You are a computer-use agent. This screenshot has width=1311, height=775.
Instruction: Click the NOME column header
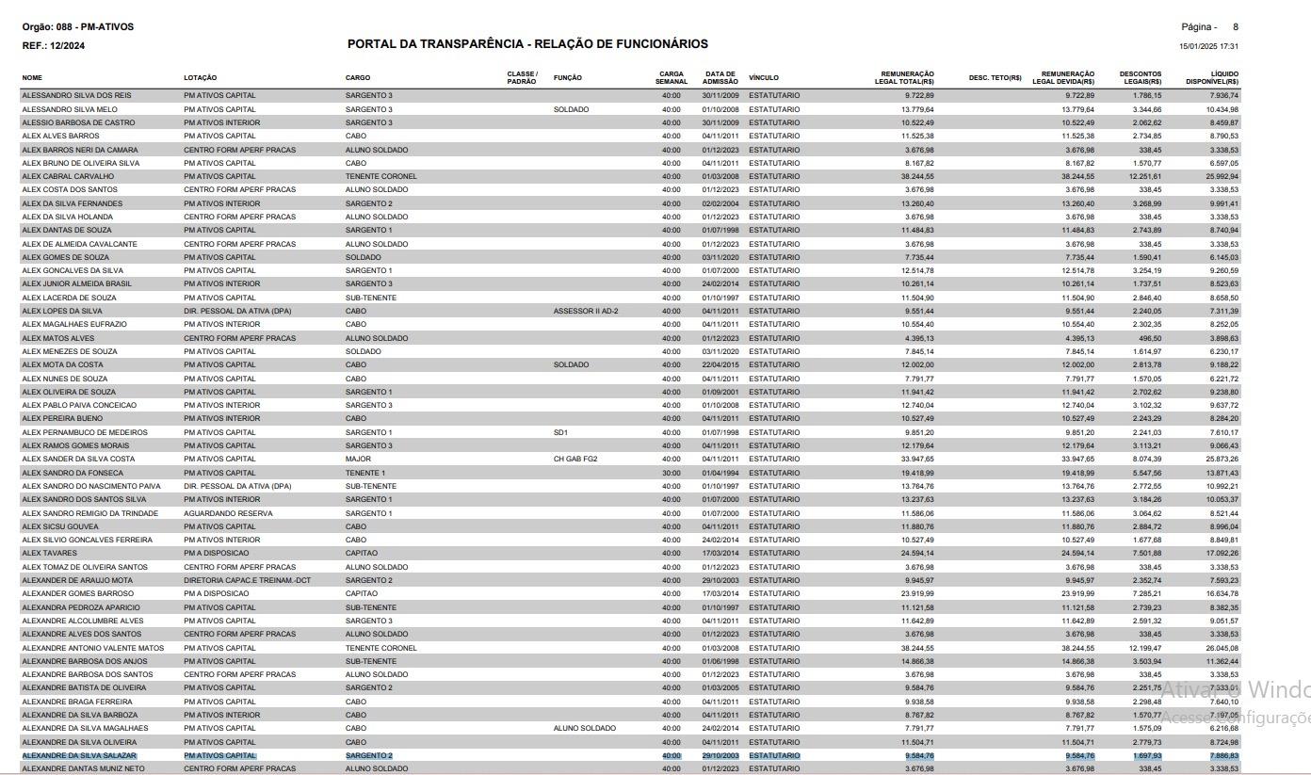32,77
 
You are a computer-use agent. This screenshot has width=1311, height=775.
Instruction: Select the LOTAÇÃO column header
200,77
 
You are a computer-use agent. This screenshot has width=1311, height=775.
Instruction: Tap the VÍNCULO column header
763,77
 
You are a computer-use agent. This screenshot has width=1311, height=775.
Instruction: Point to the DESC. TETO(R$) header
995,77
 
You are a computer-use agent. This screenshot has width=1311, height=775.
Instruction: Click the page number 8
1235,27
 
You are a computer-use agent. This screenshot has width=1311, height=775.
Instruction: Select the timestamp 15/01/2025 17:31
1208,46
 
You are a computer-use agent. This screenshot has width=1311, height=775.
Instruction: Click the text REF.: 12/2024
54,45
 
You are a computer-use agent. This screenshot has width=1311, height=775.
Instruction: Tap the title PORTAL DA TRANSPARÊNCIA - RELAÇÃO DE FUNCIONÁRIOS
527,44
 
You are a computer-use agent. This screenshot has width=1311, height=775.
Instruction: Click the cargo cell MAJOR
357,459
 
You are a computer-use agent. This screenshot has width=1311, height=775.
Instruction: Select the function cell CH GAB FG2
575,459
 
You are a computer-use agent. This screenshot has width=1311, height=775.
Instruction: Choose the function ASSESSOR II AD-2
585,311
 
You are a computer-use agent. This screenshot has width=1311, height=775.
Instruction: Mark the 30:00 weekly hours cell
671,473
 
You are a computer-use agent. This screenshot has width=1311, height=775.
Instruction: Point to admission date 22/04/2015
720,364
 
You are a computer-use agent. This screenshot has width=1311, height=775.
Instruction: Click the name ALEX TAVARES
49,553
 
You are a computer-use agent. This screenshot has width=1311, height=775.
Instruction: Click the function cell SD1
560,432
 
